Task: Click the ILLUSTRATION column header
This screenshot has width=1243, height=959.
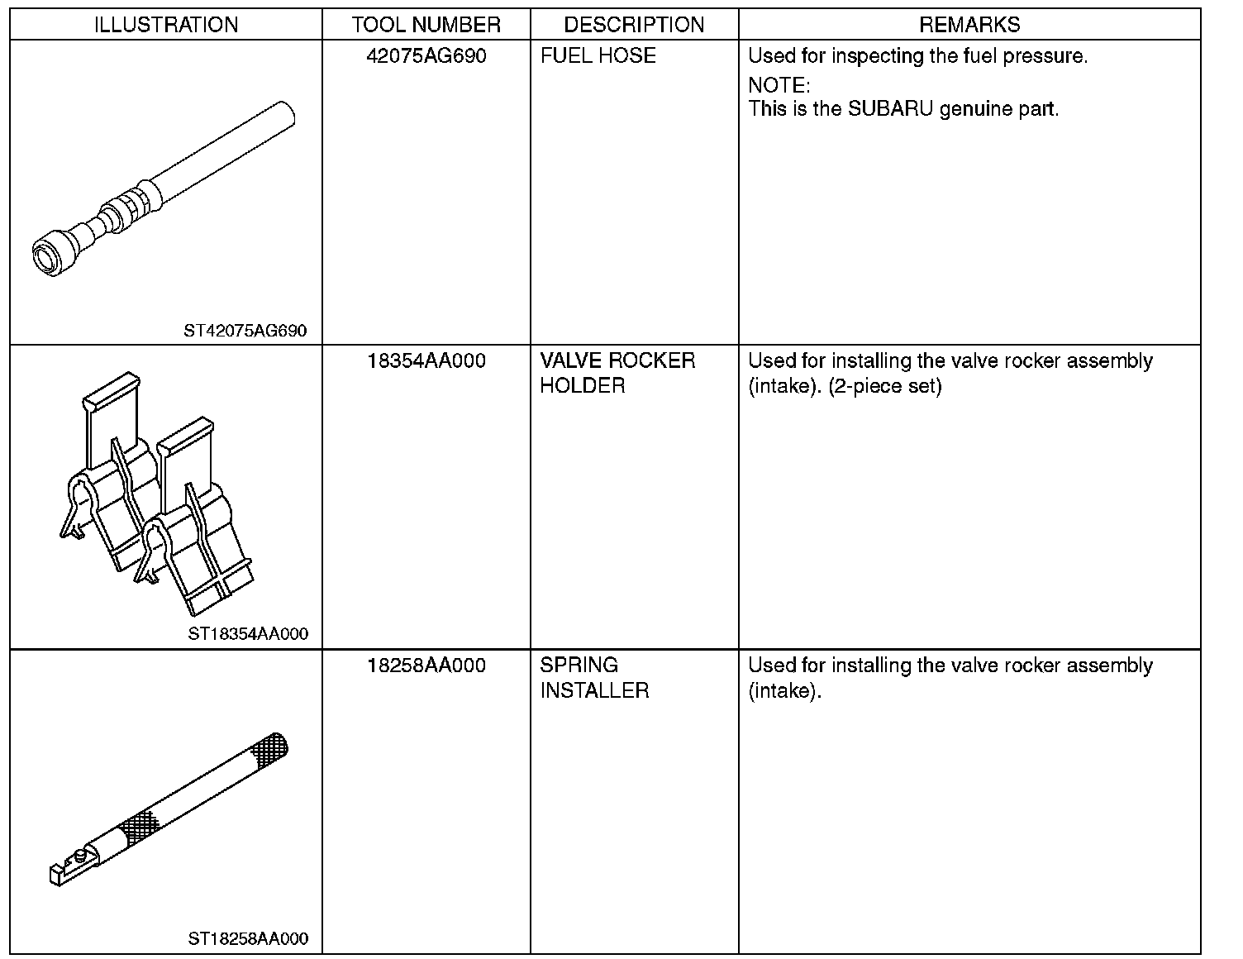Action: pyautogui.click(x=166, y=25)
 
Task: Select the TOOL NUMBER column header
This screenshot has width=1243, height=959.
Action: pyautogui.click(x=426, y=25)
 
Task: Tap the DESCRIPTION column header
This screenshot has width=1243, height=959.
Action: pyautogui.click(x=634, y=25)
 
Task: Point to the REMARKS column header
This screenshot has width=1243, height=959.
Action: pyautogui.click(x=969, y=25)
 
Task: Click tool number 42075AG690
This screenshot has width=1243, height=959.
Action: pyautogui.click(x=426, y=56)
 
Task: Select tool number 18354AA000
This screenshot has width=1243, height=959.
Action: pyautogui.click(x=426, y=361)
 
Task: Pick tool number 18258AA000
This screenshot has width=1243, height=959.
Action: pyautogui.click(x=426, y=666)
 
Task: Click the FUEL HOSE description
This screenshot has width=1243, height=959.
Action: pyautogui.click(x=598, y=56)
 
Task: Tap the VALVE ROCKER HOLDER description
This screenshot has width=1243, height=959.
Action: pyautogui.click(x=617, y=373)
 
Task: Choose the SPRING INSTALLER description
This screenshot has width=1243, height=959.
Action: pyautogui.click(x=594, y=678)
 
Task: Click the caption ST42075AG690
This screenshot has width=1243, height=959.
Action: pyautogui.click(x=245, y=332)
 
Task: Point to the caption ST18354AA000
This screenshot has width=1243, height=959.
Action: pyautogui.click(x=248, y=634)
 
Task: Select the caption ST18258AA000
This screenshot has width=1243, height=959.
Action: pyautogui.click(x=248, y=938)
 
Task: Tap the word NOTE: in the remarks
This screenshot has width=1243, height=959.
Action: pyautogui.click(x=779, y=85)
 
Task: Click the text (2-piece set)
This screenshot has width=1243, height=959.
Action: pyautogui.click(x=885, y=386)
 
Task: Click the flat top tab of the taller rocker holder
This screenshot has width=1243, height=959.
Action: pyautogui.click(x=109, y=391)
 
